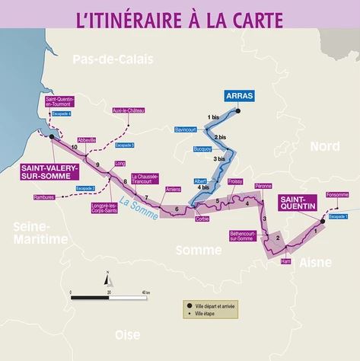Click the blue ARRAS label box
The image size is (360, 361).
point(238,96)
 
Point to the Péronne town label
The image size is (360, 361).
point(264,186)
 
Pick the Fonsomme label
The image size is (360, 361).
point(336,194)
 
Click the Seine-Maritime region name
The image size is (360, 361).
point(27,233)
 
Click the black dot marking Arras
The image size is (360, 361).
point(237,112)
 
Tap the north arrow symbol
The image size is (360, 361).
point(108,279)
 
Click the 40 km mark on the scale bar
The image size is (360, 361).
point(145,292)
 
